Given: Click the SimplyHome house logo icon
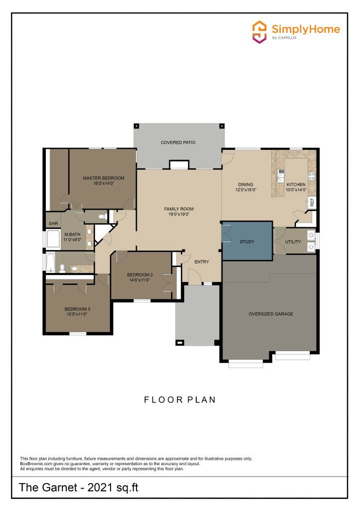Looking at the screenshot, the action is click(259, 31).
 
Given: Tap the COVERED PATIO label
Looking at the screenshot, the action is click(178, 142).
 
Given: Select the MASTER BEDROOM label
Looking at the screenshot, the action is click(104, 178).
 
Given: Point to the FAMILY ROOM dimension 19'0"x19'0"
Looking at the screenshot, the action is click(179, 214).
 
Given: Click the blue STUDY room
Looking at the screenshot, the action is click(247, 241).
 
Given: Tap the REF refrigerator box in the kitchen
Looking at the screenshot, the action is click(312, 202).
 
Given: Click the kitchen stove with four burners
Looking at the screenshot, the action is click(311, 176).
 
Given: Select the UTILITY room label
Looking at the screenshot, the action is click(293, 242).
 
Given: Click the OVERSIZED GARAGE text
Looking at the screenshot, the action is click(270, 314).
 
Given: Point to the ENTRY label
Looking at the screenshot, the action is click(202, 262).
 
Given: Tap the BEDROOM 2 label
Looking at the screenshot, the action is click(140, 275).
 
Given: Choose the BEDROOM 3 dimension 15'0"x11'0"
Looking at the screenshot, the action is click(77, 314).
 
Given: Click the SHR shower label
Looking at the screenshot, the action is click(53, 224).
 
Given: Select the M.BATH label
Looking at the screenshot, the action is click(72, 234).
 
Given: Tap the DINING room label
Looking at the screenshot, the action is click(245, 184).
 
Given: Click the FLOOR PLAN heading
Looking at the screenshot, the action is click(180, 400).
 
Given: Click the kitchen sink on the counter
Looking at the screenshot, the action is click(281, 176).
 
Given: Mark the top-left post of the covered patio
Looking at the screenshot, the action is click(136, 126).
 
